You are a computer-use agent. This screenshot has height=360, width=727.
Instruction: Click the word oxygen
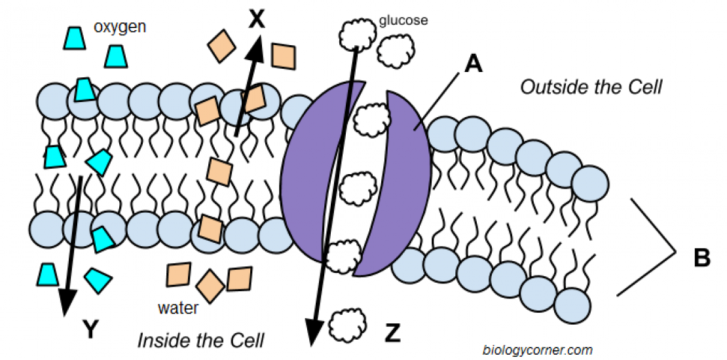(119, 27)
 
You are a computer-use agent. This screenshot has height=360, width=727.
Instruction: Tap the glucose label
(403, 20)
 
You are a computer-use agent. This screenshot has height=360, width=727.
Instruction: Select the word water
(177, 307)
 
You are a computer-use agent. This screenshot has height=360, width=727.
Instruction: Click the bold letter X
(257, 20)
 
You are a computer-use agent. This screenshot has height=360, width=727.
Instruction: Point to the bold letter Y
(91, 330)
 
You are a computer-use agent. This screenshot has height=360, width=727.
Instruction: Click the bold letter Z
(392, 334)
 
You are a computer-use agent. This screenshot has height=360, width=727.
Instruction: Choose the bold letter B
(701, 258)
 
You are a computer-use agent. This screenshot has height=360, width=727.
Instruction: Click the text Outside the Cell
(591, 86)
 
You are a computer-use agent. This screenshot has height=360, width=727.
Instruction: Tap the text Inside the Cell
(200, 340)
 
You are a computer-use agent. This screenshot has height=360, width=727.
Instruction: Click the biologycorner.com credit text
(538, 350)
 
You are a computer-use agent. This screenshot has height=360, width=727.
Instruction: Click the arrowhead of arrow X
(257, 46)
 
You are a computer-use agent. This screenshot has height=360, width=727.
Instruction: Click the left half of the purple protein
(308, 177)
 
